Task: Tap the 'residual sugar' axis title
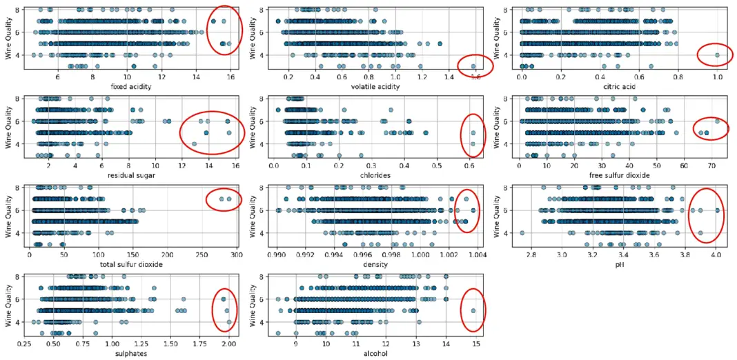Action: pos(127,175)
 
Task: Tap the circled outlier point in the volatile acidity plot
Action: pos(473,67)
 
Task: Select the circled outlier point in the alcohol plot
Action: pos(473,310)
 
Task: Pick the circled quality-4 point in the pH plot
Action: pos(700,233)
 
